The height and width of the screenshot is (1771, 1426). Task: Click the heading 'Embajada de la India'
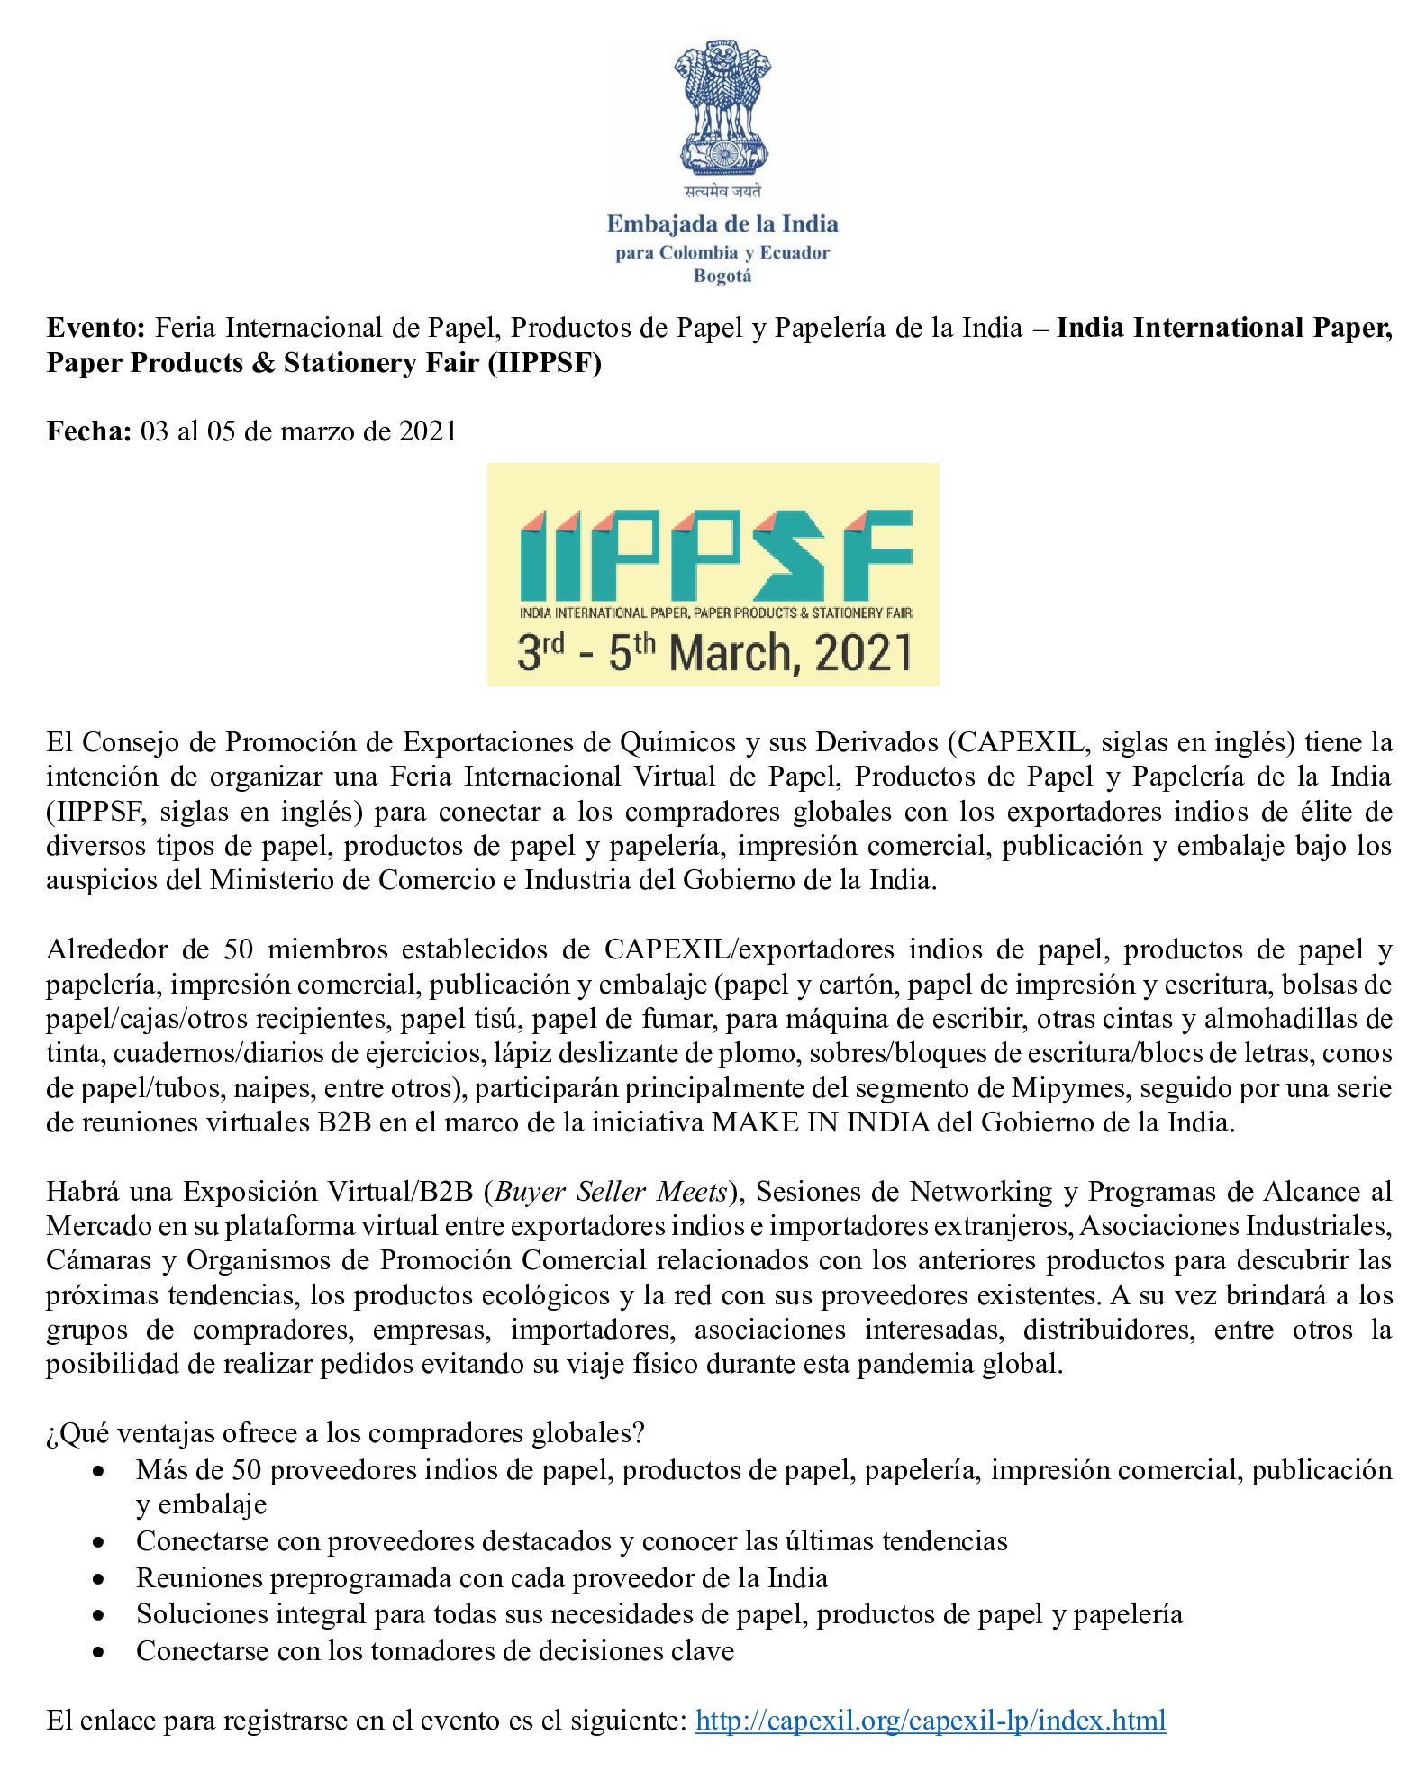click(722, 223)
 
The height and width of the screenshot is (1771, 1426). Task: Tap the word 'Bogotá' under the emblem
click(722, 276)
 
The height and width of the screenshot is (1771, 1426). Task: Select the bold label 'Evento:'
click(95, 327)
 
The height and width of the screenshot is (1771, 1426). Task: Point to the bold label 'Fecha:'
click(89, 431)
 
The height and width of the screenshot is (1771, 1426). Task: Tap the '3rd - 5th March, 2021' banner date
click(714, 652)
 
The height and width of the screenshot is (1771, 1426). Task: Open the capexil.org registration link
click(931, 1720)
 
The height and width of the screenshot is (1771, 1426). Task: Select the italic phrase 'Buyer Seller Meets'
click(611, 1191)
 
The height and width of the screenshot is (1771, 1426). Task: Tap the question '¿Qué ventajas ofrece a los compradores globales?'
click(346, 1432)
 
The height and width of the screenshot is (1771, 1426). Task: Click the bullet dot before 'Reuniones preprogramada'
click(98, 1578)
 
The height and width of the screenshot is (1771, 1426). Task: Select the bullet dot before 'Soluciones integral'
click(98, 1614)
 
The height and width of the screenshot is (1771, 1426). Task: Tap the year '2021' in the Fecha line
click(428, 431)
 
